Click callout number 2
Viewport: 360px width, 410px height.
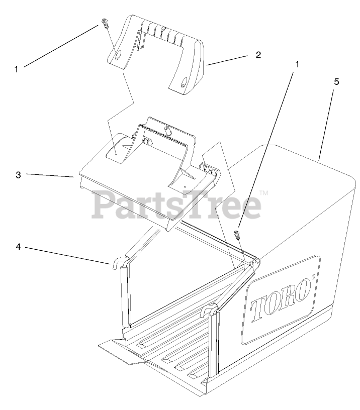(x=258, y=55)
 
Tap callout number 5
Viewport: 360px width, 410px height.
(x=336, y=81)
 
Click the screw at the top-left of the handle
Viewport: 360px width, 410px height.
(x=104, y=23)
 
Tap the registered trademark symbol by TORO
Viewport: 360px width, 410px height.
(x=313, y=277)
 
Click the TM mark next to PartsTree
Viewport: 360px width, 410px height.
(x=263, y=192)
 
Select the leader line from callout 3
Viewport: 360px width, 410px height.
(x=50, y=175)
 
